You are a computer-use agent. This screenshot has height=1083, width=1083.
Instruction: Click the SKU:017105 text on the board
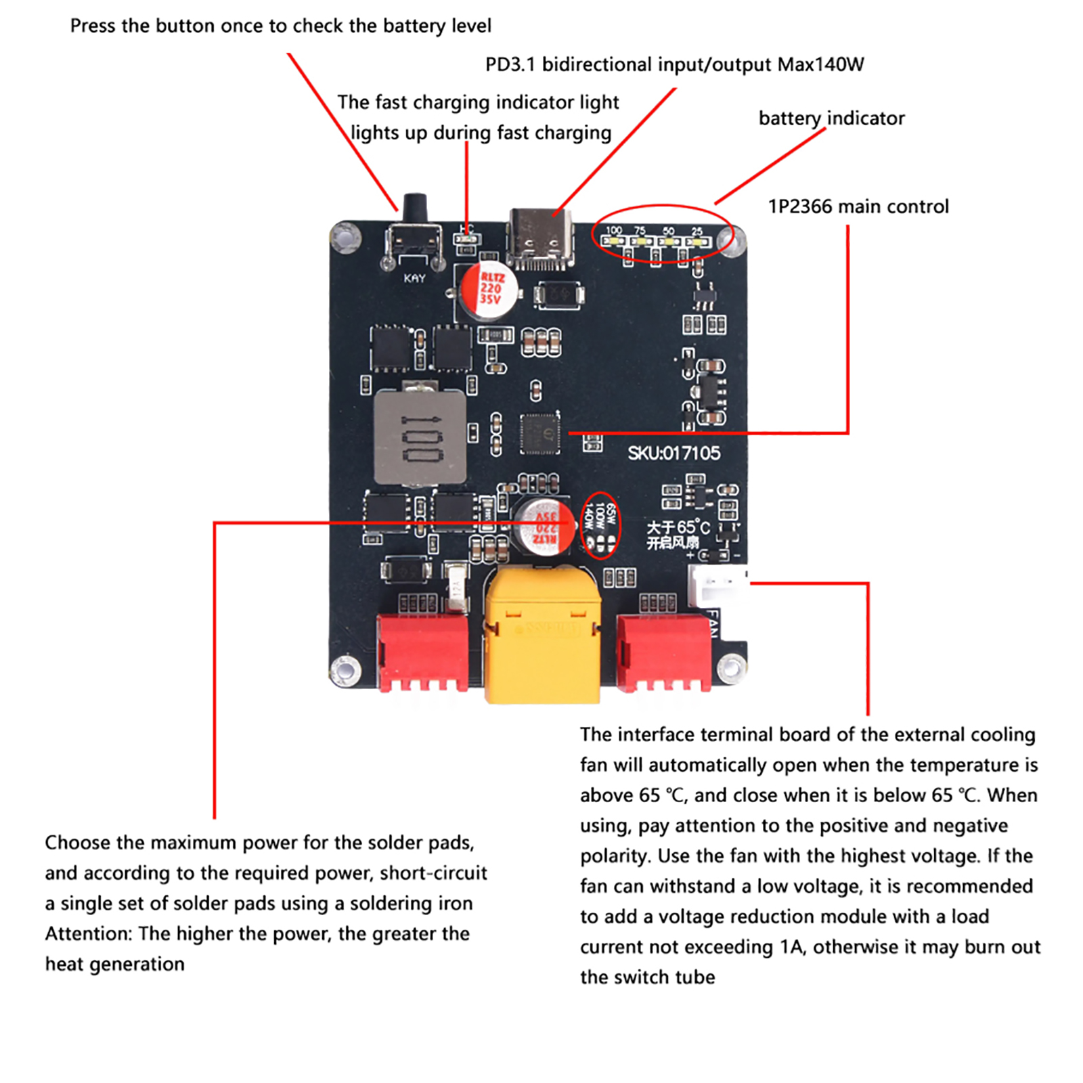[673, 453]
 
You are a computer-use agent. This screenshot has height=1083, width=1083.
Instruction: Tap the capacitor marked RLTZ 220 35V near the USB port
[490, 290]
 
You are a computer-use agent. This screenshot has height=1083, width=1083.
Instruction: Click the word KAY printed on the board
[414, 278]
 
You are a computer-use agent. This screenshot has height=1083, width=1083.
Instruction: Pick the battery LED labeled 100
[614, 241]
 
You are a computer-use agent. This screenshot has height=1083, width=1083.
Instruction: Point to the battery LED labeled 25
[697, 241]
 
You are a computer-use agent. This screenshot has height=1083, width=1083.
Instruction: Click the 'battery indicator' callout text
[831, 118]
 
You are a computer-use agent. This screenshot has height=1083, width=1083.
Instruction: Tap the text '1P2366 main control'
[858, 206]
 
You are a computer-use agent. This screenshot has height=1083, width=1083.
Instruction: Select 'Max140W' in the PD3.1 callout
[820, 65]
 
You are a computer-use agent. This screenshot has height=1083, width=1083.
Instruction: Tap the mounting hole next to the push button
[345, 238]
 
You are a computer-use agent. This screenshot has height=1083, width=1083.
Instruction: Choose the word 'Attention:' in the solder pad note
[89, 934]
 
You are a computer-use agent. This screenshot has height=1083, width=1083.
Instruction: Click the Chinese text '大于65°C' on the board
[678, 527]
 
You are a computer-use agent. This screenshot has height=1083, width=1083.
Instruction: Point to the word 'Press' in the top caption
[93, 26]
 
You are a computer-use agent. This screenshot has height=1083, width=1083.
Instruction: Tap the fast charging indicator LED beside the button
[467, 239]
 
